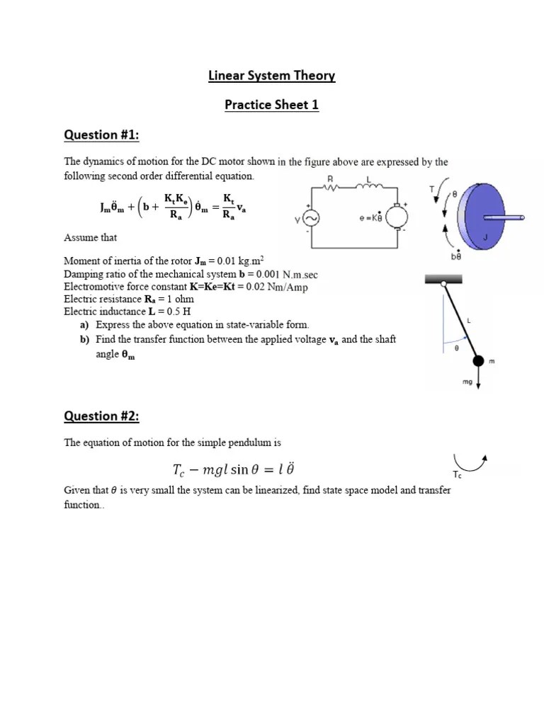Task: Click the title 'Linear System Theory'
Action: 271,76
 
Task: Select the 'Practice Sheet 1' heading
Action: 271,105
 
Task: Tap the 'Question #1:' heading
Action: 100,135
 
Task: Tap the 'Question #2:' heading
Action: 101,416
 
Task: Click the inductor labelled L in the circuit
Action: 372,188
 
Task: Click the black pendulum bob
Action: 479,361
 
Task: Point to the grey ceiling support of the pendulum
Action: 444,280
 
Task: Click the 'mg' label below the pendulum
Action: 467,382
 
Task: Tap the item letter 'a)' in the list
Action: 84,324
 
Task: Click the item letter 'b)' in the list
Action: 84,340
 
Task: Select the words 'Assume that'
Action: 90,237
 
